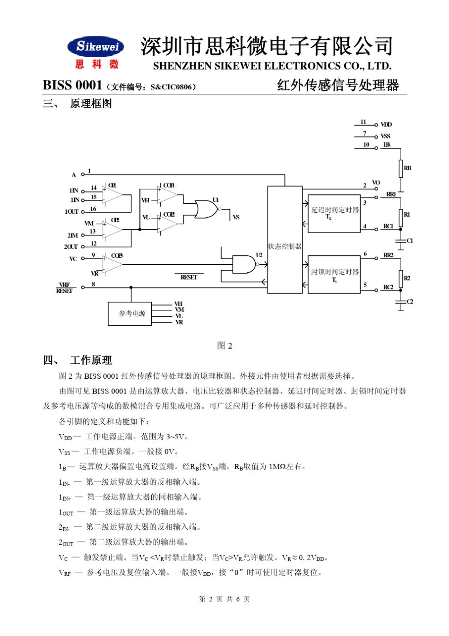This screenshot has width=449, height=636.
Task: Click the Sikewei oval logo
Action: [96, 46]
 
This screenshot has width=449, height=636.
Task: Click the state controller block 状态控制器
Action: [285, 239]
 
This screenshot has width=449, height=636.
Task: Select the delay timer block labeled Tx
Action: [334, 213]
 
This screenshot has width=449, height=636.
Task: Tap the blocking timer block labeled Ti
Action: [334, 275]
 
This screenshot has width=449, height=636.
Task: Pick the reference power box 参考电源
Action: [130, 314]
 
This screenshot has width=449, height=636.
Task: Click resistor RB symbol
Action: [401, 168]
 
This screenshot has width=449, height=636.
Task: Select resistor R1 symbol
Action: [401, 218]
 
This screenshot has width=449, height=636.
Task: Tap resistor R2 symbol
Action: [401, 279]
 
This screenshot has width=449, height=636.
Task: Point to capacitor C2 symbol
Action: [401, 302]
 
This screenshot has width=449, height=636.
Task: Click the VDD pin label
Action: [386, 125]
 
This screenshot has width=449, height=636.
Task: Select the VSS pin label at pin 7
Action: [385, 136]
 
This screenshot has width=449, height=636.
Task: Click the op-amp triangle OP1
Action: [112, 195]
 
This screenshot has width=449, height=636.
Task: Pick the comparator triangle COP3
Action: [112, 264]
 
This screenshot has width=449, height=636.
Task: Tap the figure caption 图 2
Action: [224, 346]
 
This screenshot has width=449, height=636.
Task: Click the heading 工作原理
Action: [91, 360]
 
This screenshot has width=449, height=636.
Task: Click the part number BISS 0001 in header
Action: [72, 85]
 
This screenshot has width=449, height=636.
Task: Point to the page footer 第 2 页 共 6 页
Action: [224, 599]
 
